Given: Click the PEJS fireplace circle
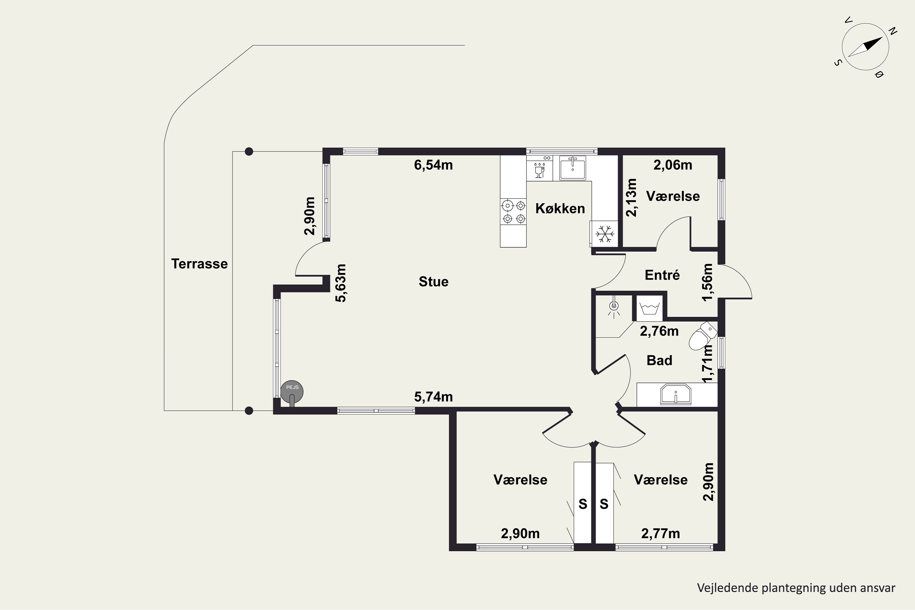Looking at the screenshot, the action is point(292,391).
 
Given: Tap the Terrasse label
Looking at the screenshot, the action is point(199,264).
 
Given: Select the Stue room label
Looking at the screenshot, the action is point(433,281).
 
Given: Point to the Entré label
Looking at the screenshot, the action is point(662,275).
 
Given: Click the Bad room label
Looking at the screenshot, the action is point(659,360).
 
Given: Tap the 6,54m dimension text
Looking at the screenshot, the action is point(433,165).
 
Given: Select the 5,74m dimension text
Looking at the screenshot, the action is point(433,397).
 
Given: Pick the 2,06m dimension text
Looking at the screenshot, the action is point(673,165).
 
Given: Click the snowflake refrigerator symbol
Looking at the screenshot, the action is point(605,234).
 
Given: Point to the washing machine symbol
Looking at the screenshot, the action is point(649,308).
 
